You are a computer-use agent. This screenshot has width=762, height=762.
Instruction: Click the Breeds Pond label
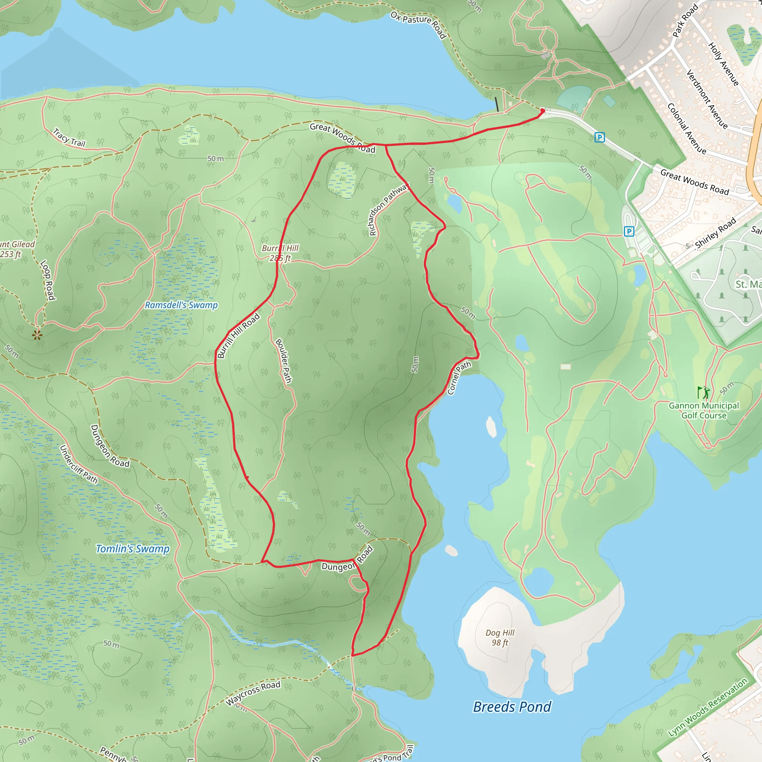coord(512,707)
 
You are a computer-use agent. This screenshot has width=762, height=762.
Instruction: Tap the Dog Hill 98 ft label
coord(500,637)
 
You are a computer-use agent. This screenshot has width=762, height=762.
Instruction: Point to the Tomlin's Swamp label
coord(132,549)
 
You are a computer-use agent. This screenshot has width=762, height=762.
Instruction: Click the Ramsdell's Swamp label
coord(181,305)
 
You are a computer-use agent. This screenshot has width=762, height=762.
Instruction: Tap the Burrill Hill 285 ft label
coord(280,253)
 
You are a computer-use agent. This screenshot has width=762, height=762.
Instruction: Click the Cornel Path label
coord(459,377)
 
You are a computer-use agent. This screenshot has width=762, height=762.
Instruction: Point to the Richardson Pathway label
coord(388,209)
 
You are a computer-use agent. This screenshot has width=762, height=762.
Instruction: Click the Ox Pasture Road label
coord(419,24)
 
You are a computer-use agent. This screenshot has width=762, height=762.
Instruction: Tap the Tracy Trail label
coord(70,138)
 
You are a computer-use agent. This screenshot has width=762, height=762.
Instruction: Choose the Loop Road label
coord(47,280)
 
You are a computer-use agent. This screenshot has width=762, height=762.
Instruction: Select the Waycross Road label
coord(253,693)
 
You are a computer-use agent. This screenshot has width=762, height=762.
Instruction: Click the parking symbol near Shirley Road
coord(629,231)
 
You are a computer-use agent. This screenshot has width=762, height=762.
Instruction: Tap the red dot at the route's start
coord(542,111)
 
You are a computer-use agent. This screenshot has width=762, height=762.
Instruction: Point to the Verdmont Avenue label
coord(707,99)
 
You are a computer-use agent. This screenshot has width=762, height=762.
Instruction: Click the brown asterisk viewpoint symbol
coord(38,335)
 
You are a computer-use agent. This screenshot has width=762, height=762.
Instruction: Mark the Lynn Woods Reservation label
coord(708,707)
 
